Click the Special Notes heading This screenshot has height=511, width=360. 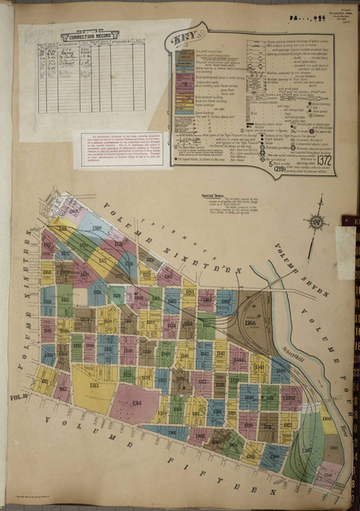213,195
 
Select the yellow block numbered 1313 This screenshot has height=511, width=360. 93,385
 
